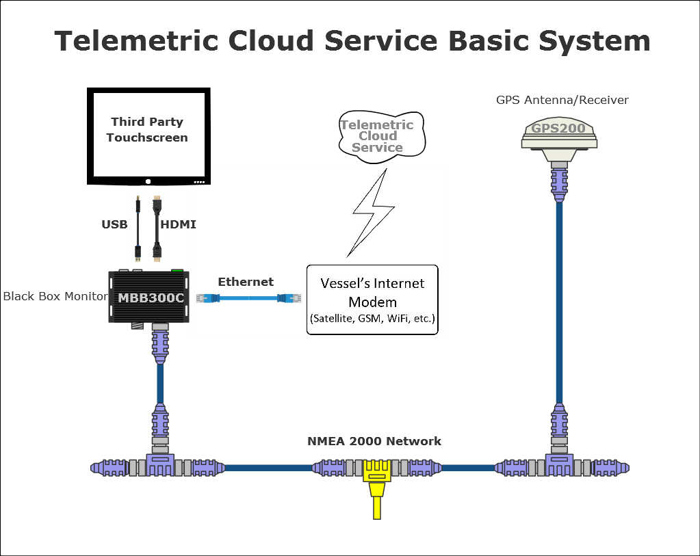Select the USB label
tap(114, 224)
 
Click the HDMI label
tap(178, 224)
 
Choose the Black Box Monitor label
tap(55, 296)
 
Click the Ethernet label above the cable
tap(245, 282)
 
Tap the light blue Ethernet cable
tap(246, 297)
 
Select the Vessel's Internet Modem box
tap(372, 299)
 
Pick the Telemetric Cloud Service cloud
tap(377, 135)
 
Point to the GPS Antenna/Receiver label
tap(562, 100)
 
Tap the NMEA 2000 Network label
tap(374, 441)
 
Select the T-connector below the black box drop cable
tap(159, 465)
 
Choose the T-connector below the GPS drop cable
tap(559, 465)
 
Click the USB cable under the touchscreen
tap(138, 229)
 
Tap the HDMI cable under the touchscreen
tap(156, 229)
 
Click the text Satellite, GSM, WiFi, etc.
tap(372, 319)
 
